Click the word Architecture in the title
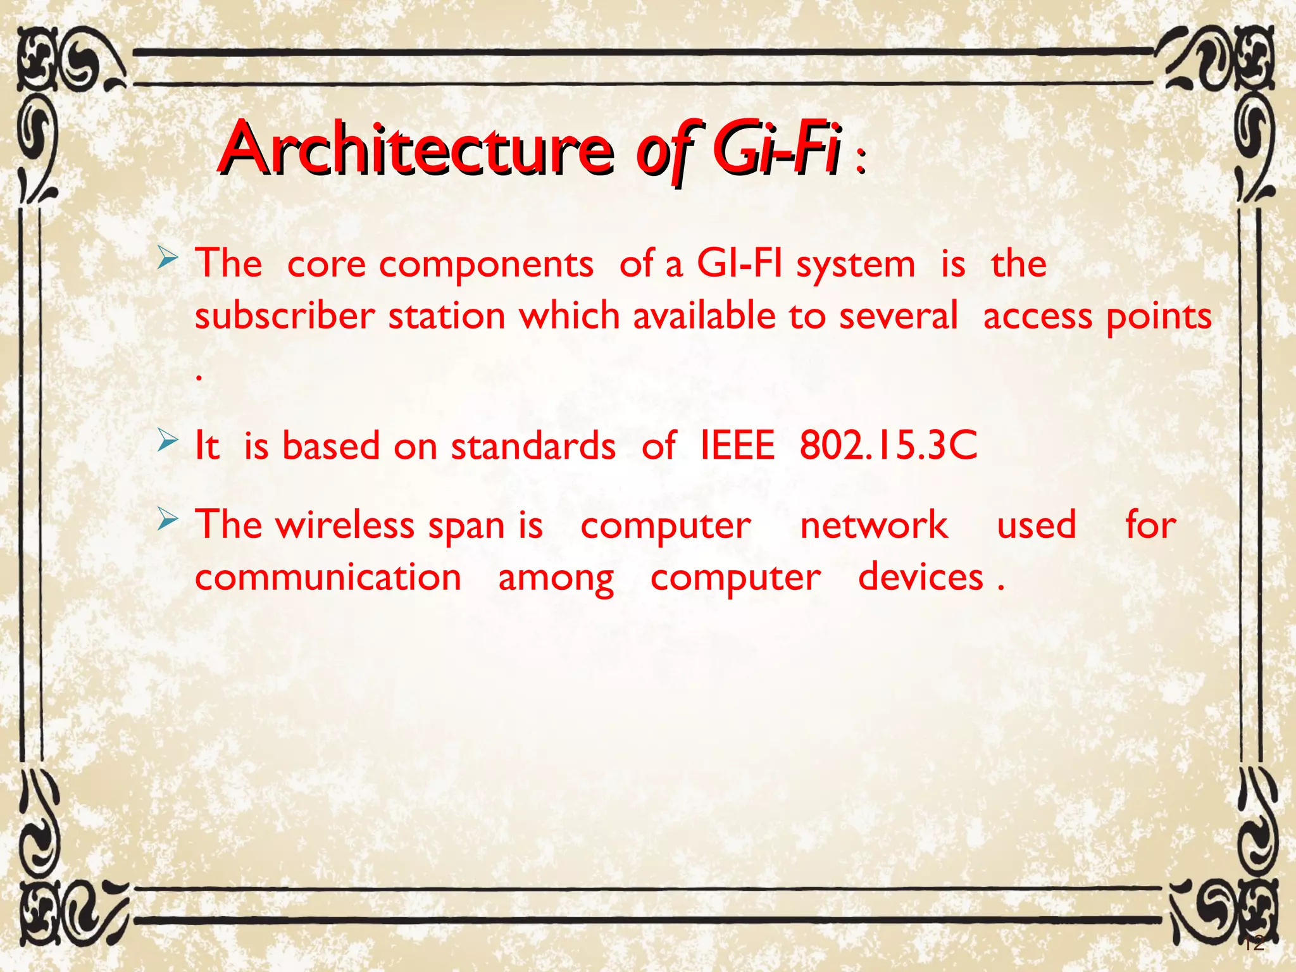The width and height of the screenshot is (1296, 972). pos(416,149)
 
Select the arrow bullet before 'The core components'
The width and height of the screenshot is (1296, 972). pos(168,258)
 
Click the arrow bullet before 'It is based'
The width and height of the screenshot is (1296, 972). pos(168,440)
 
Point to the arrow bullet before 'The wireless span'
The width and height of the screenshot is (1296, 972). pos(168,520)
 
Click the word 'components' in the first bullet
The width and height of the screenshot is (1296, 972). pos(486,265)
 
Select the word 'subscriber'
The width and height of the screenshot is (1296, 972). pos(285,316)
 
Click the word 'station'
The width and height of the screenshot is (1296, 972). pos(447,316)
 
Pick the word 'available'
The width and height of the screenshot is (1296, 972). pos(704,316)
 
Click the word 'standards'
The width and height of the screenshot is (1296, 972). pos(533,445)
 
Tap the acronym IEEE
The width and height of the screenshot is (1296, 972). pos(737,445)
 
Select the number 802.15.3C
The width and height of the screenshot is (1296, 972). pos(888,445)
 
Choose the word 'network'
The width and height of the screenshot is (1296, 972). pos(874,525)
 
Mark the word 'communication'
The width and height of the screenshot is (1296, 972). pos(328,577)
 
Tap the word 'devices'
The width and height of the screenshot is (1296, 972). pos(920,577)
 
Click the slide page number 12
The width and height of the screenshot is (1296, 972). pos(1253,943)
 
